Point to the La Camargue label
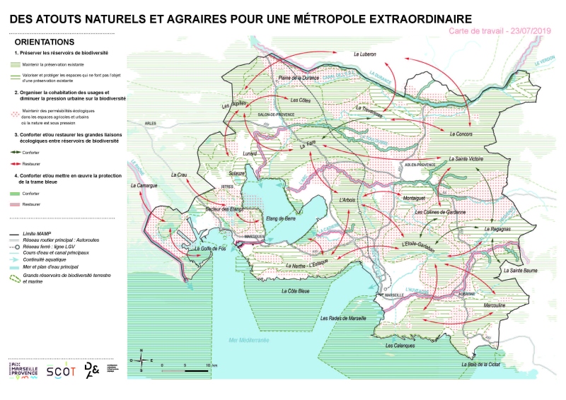click(142, 185)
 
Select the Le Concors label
click(460, 134)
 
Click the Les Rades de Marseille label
click(343, 318)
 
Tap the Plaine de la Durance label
click(299, 77)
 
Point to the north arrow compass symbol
click(141, 360)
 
